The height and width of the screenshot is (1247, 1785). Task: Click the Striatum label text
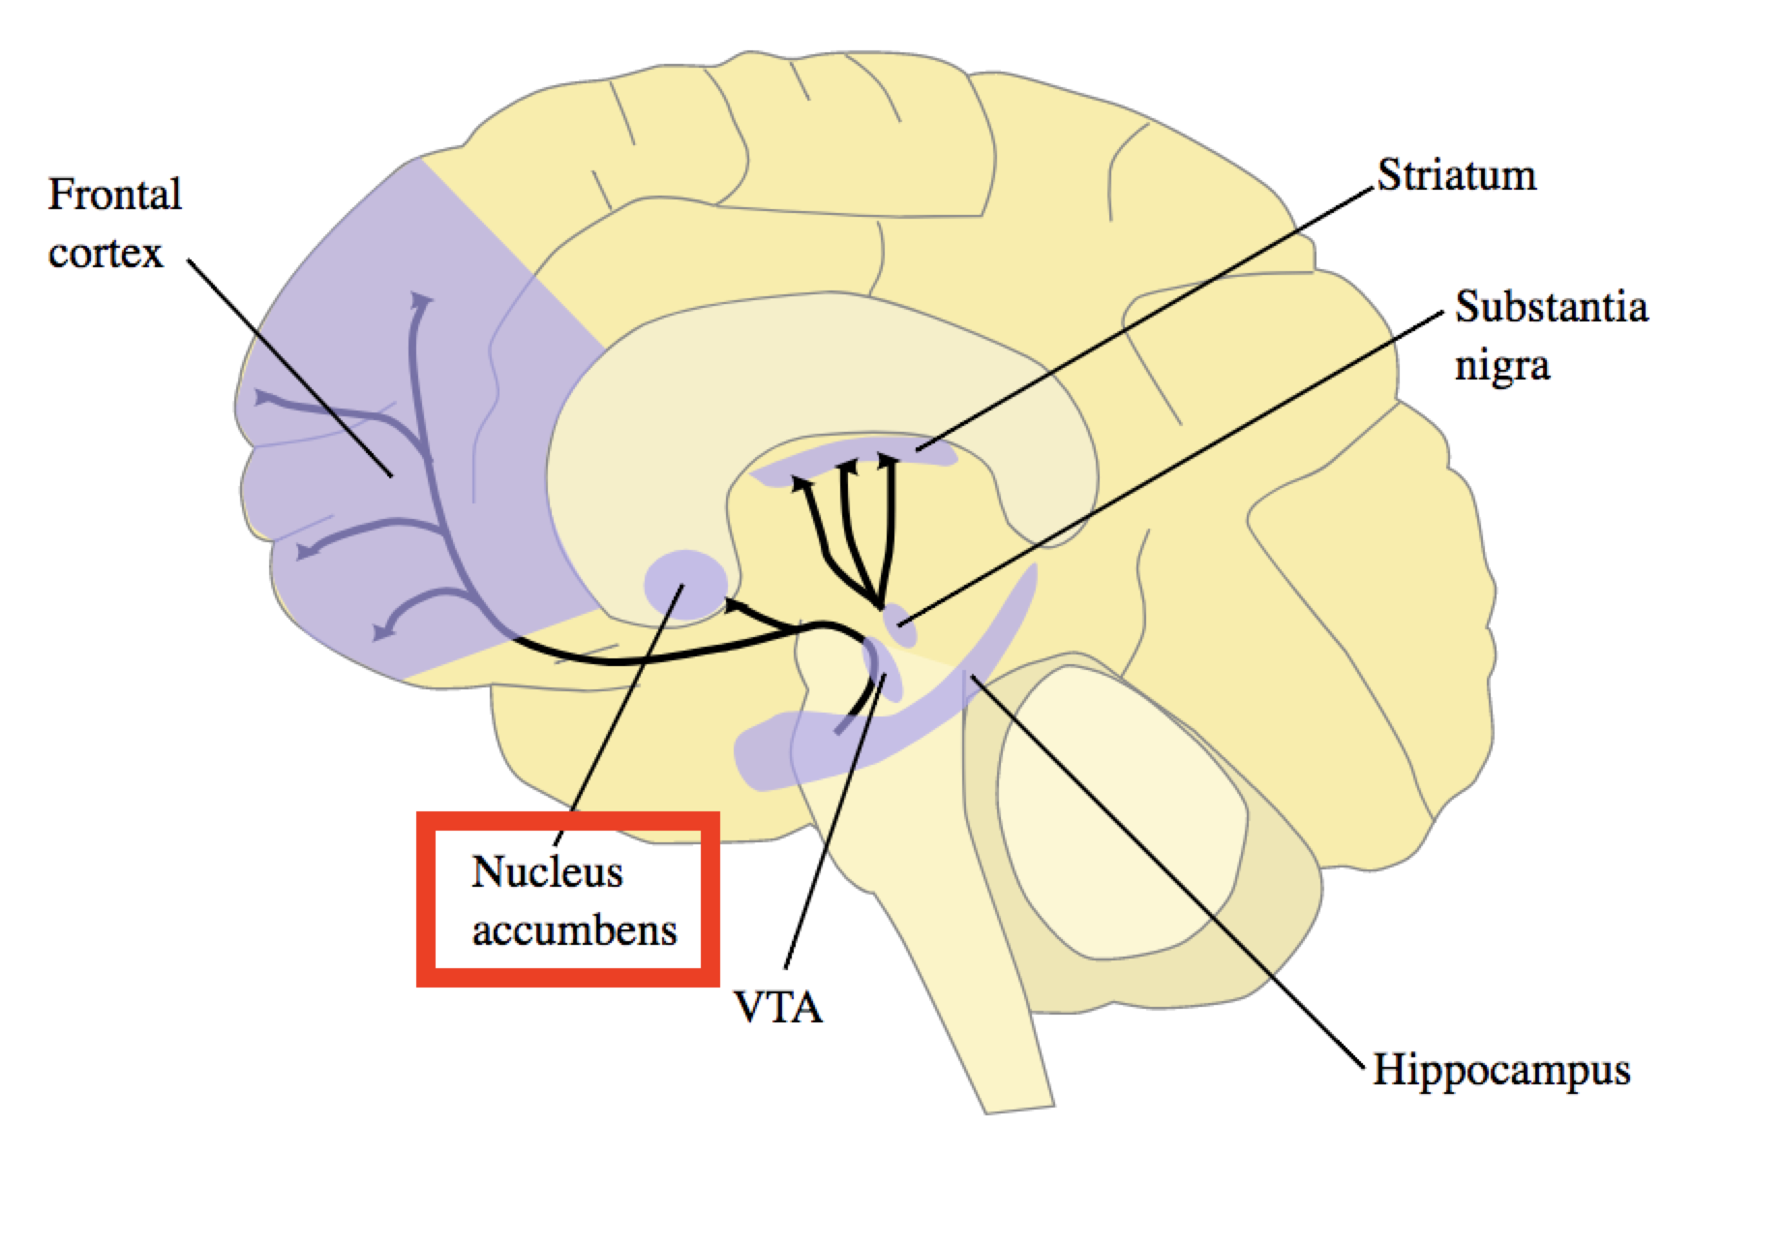pyautogui.click(x=1456, y=177)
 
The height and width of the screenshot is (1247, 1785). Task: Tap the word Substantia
pyautogui.click(x=1550, y=308)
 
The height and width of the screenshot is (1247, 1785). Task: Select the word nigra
pyautogui.click(x=1501, y=367)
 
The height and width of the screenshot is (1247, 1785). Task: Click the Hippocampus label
pyautogui.click(x=1501, y=1072)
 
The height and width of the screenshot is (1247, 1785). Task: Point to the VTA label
pyautogui.click(x=778, y=1008)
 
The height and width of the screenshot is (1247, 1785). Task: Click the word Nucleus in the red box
pyautogui.click(x=547, y=872)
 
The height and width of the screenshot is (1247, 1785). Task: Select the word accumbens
pyautogui.click(x=574, y=931)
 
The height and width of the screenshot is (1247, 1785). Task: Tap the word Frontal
pyautogui.click(x=114, y=195)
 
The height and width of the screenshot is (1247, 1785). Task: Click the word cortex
pyautogui.click(x=106, y=255)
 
